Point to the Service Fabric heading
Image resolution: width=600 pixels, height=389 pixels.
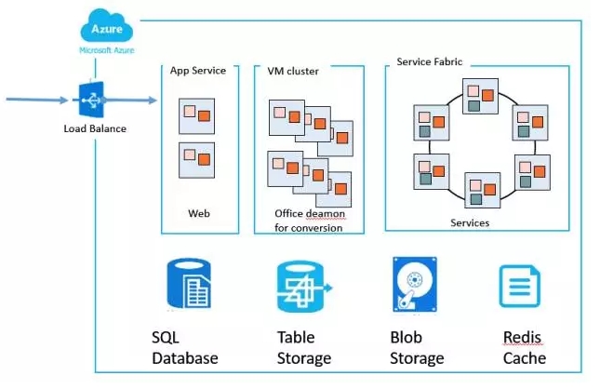(x=429, y=61)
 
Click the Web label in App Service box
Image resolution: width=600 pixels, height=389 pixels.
(x=199, y=213)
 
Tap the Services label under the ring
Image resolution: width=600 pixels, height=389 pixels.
(x=470, y=223)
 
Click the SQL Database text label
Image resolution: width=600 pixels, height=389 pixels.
(x=184, y=347)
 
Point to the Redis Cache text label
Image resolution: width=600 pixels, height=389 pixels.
(x=524, y=347)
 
